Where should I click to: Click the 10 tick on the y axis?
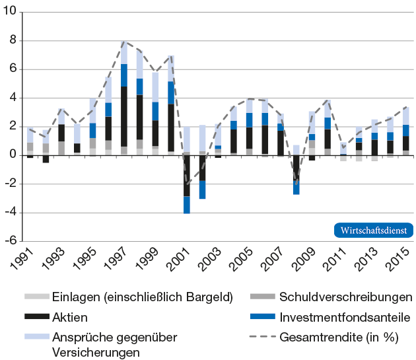[x=11, y=13]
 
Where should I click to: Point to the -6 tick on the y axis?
[x=11, y=241]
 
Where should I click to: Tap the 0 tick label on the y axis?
[x=14, y=155]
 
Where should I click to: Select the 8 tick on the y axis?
[x=14, y=41]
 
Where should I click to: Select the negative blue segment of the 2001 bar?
[x=187, y=205]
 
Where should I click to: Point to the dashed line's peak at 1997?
[x=123, y=41]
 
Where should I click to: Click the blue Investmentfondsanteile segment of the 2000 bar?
[x=171, y=92]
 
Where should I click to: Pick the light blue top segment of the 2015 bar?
[x=406, y=116]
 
